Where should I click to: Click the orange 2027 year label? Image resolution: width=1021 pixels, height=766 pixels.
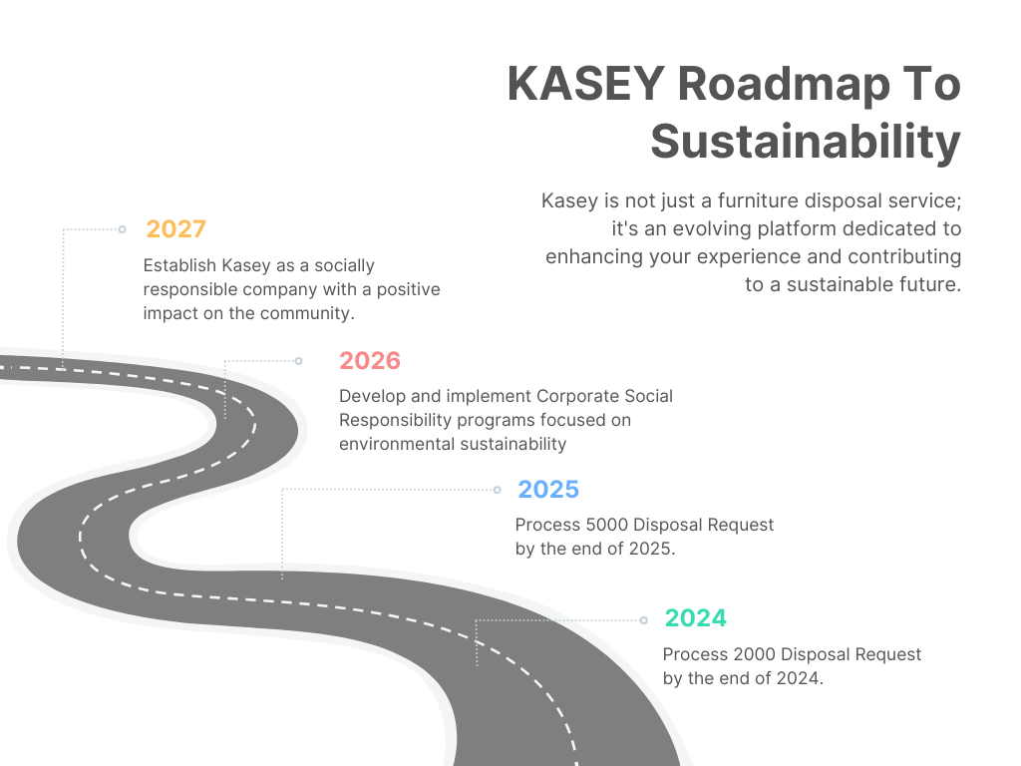tap(175, 229)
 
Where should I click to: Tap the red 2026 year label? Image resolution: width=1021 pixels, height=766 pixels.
tap(370, 361)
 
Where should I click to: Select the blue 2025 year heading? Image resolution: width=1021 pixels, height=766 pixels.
tap(548, 490)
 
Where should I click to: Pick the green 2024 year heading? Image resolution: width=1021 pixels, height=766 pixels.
tap(695, 618)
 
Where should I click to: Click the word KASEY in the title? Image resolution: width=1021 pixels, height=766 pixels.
tap(586, 84)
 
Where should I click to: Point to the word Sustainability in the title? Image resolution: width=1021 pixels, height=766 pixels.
tap(806, 142)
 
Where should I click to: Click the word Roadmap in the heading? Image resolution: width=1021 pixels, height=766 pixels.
tap(784, 86)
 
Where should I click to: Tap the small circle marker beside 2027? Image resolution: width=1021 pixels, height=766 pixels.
tap(122, 229)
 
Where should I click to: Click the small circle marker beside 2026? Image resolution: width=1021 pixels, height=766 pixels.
tap(298, 361)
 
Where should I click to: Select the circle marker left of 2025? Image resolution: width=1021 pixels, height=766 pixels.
tap(497, 490)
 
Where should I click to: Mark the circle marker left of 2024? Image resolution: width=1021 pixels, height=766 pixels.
tap(643, 620)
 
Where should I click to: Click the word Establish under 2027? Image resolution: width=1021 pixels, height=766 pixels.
tap(179, 265)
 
